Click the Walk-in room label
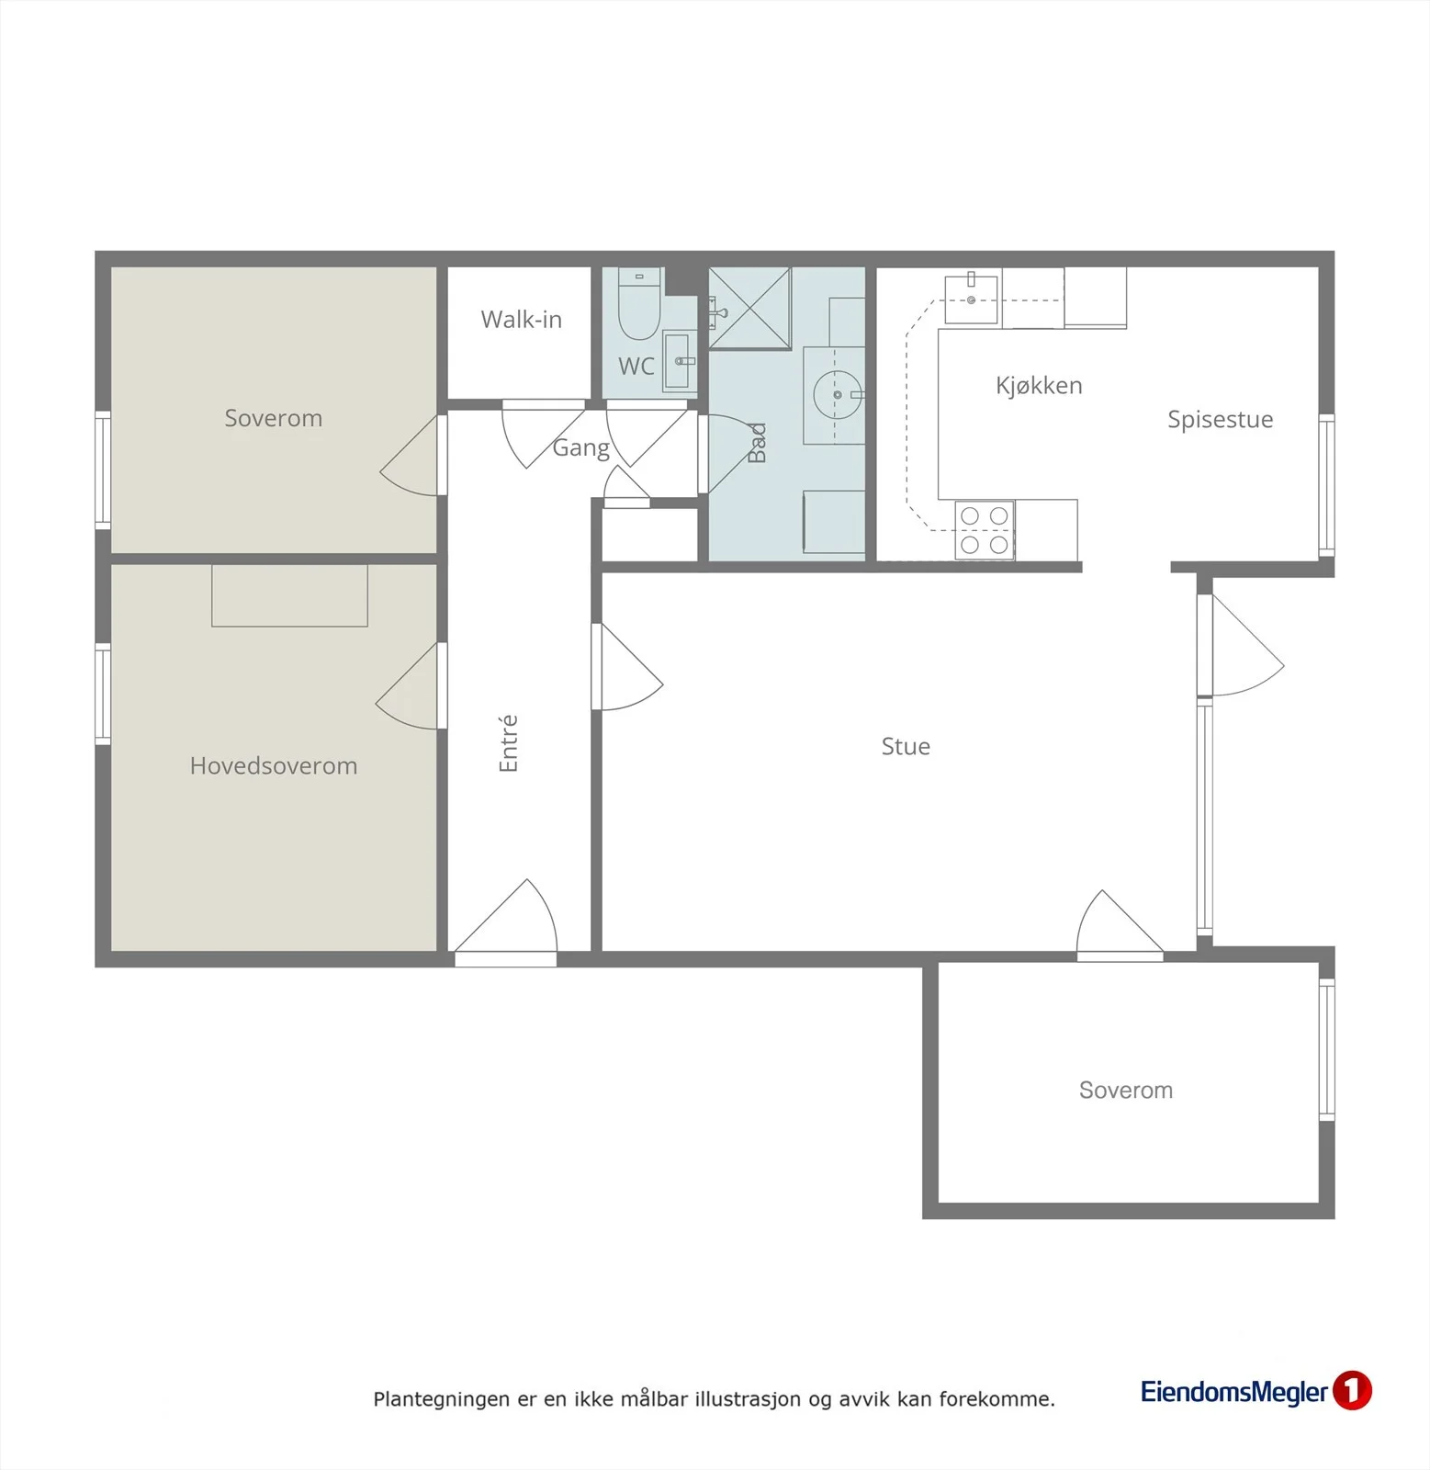521,320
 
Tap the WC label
636,367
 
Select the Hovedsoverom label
274,765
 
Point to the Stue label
906,746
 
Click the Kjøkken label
1039,385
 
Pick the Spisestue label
1220,420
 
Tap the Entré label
508,743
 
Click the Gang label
580,448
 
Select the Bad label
757,443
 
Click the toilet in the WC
639,303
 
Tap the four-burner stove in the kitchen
985,530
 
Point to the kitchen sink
971,300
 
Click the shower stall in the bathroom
749,308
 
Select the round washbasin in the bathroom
838,395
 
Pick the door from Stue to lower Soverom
1120,924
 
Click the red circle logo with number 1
1351,1390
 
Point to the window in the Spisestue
1326,485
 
